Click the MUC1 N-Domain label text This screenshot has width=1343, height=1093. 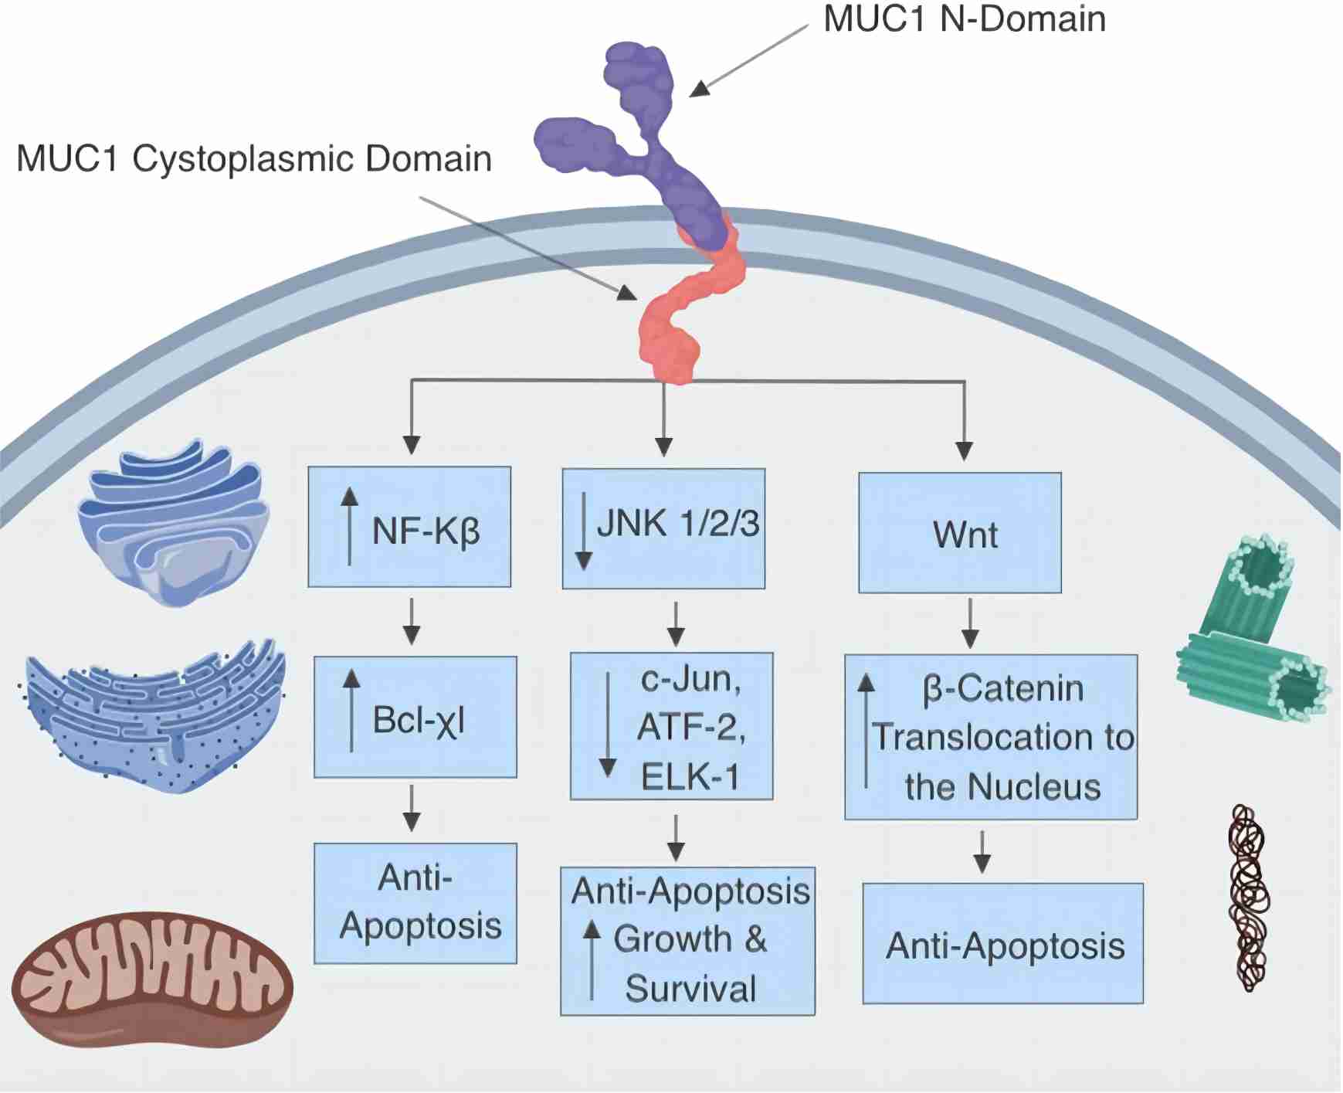tap(964, 19)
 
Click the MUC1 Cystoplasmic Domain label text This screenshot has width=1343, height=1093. tap(253, 159)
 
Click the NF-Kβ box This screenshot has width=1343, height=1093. tap(409, 527)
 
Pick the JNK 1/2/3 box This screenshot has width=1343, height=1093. tap(663, 528)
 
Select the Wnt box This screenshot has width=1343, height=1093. tap(960, 533)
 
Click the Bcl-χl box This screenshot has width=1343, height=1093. tap(415, 717)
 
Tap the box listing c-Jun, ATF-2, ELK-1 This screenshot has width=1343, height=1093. tap(671, 726)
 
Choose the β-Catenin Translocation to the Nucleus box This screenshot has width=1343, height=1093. tap(991, 737)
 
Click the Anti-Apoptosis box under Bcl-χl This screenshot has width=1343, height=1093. tap(415, 903)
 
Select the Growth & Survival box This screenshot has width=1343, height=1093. tap(687, 941)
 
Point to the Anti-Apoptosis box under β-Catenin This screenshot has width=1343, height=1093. tap(1002, 943)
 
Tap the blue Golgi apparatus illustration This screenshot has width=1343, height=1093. tap(174, 521)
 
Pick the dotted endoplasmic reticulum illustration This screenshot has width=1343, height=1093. tap(154, 715)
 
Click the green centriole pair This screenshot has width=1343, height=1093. tap(1251, 633)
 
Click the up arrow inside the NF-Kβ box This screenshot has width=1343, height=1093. tap(350, 525)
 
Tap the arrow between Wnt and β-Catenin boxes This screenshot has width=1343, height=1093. tap(970, 623)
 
